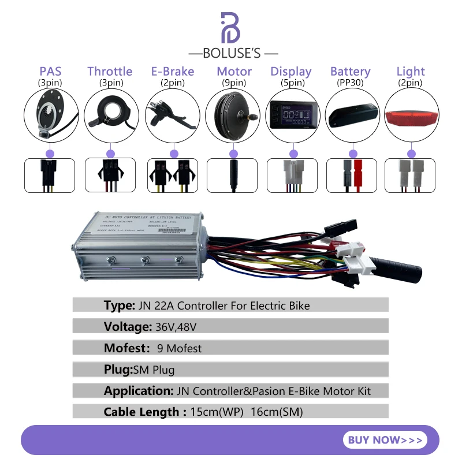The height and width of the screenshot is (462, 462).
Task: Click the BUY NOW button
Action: click(385, 440)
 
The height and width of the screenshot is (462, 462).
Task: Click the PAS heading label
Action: click(50, 72)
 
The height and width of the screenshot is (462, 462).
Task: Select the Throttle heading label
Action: click(110, 72)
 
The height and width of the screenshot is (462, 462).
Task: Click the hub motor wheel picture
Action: click(233, 115)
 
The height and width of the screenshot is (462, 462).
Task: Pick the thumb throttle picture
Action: click(110, 116)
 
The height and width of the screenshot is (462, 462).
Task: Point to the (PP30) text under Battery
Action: click(350, 83)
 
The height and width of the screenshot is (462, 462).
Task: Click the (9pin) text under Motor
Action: click(234, 83)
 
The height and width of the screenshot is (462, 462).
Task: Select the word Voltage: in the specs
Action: click(128, 327)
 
